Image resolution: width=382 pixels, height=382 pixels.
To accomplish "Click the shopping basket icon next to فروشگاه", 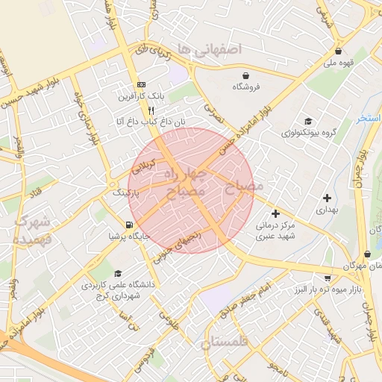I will coord(245,75).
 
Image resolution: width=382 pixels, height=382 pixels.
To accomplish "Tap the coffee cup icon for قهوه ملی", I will coord(339,51).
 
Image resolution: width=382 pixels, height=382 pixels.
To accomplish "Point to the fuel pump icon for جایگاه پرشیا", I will coord(130,225).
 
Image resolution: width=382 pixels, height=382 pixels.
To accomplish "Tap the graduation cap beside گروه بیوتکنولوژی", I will coord(307,122).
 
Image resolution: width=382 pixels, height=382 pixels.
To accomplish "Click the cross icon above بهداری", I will coord(327,198).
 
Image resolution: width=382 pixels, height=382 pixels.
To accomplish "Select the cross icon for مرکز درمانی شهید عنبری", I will coord(276,213).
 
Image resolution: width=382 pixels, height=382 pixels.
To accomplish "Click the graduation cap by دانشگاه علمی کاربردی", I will coord(118,274).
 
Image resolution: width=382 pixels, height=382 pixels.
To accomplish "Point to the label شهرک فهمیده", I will coord(31,231).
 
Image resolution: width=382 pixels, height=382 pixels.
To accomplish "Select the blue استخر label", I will coord(369,119).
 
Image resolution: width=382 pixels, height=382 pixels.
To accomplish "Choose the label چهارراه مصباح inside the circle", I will coord(184,183).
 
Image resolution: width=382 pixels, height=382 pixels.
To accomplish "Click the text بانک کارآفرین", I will coord(141,97).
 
